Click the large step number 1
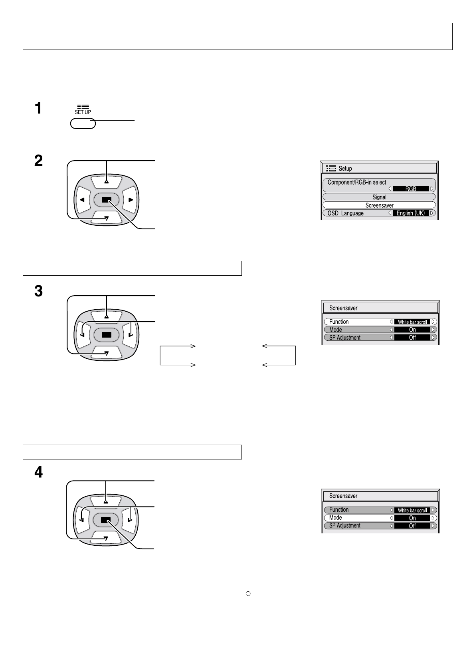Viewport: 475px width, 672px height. click(38, 108)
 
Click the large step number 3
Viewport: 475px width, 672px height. click(38, 291)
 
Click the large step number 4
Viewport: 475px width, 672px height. click(38, 473)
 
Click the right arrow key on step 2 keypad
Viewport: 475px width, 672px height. click(130, 199)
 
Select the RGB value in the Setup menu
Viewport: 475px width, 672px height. click(411, 189)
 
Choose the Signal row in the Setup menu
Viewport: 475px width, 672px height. click(379, 197)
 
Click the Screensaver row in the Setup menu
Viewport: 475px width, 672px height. click(379, 205)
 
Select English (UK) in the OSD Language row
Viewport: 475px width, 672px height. click(411, 213)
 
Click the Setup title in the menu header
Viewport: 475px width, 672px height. click(345, 169)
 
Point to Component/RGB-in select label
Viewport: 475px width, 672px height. click(356, 182)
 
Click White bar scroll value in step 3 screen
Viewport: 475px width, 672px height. click(412, 322)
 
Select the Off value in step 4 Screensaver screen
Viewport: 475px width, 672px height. click(412, 526)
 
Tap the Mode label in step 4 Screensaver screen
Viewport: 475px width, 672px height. click(335, 517)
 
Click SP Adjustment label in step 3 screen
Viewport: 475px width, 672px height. click(344, 338)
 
